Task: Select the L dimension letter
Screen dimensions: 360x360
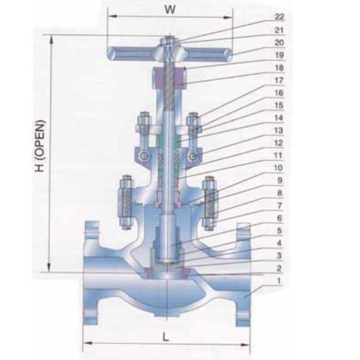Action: coord(166,336)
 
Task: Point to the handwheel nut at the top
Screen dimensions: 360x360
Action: coord(170,43)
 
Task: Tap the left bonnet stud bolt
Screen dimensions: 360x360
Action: coord(127,203)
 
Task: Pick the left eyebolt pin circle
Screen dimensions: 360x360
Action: coord(144,157)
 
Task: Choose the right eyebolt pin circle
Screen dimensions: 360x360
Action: coord(193,157)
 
